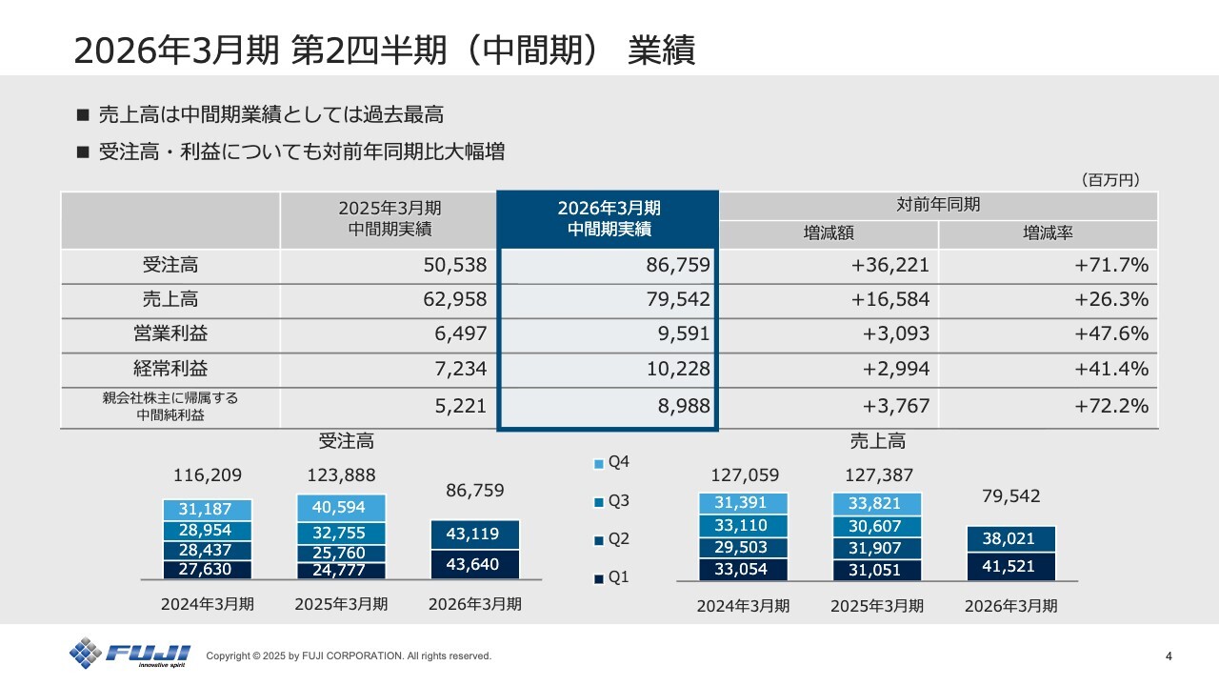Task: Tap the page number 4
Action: (x=1169, y=656)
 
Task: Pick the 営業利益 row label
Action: (x=170, y=334)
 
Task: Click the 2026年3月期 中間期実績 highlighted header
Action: (x=609, y=218)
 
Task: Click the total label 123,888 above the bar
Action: (x=341, y=474)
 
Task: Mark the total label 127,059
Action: (x=745, y=475)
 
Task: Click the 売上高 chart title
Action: (x=877, y=441)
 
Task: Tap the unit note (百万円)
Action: (x=1109, y=179)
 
